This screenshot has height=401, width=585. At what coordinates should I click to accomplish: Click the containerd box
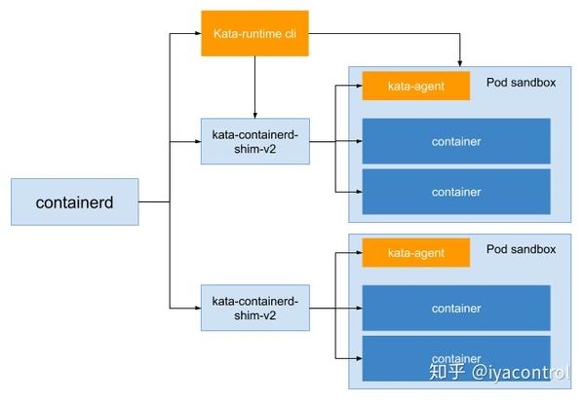point(74,202)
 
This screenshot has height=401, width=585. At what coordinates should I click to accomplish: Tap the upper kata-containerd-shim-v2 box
point(254,142)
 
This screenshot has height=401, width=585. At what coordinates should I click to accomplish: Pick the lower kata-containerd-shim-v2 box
point(254,308)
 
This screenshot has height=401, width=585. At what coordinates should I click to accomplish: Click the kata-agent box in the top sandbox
point(416,86)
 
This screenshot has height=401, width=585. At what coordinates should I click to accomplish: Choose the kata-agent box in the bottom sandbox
point(416,252)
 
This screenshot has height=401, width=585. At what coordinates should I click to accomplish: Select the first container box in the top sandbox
point(455,141)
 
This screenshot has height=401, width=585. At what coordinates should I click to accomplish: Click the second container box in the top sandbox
point(455,192)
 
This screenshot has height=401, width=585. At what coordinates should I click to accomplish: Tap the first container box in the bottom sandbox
point(455,308)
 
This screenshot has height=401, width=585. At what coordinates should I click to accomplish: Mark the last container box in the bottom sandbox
point(455,358)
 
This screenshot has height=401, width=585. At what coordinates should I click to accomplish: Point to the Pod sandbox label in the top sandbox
point(521,83)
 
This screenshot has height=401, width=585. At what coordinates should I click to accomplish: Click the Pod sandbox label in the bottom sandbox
point(521,249)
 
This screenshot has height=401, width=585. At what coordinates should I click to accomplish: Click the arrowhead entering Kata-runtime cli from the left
point(196,35)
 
